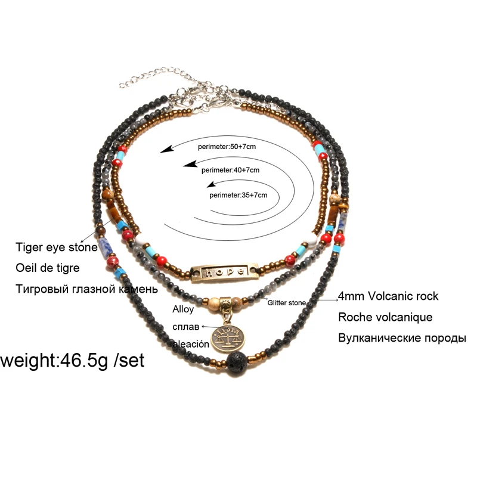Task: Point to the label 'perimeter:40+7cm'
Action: [231, 170]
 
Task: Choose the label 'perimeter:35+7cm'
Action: [238, 194]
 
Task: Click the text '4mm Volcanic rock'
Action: [388, 296]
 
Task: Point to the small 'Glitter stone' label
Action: [287, 303]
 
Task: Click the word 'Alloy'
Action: [183, 309]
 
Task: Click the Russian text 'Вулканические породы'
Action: [402, 338]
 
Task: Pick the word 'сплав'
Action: [184, 326]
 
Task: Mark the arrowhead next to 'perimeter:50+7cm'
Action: [168, 150]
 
